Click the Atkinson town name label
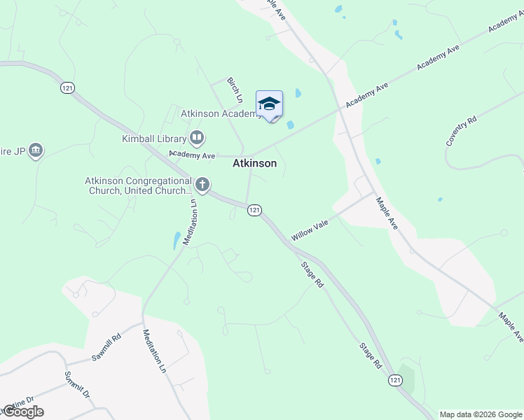[x=254, y=163]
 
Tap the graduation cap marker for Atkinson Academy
[x=269, y=105]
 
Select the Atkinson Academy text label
[x=221, y=113]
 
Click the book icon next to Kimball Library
[x=197, y=138]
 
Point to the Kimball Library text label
[x=153, y=139]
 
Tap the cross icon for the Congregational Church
[x=202, y=185]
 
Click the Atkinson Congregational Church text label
[x=138, y=185]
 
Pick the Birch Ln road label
[x=234, y=90]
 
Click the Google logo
[x=22, y=412]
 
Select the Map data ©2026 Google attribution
[x=481, y=414]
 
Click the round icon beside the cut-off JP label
[x=36, y=150]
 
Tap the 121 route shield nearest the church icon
[x=254, y=210]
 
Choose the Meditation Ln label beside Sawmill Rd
[x=155, y=350]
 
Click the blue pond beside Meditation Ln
[x=174, y=241]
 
